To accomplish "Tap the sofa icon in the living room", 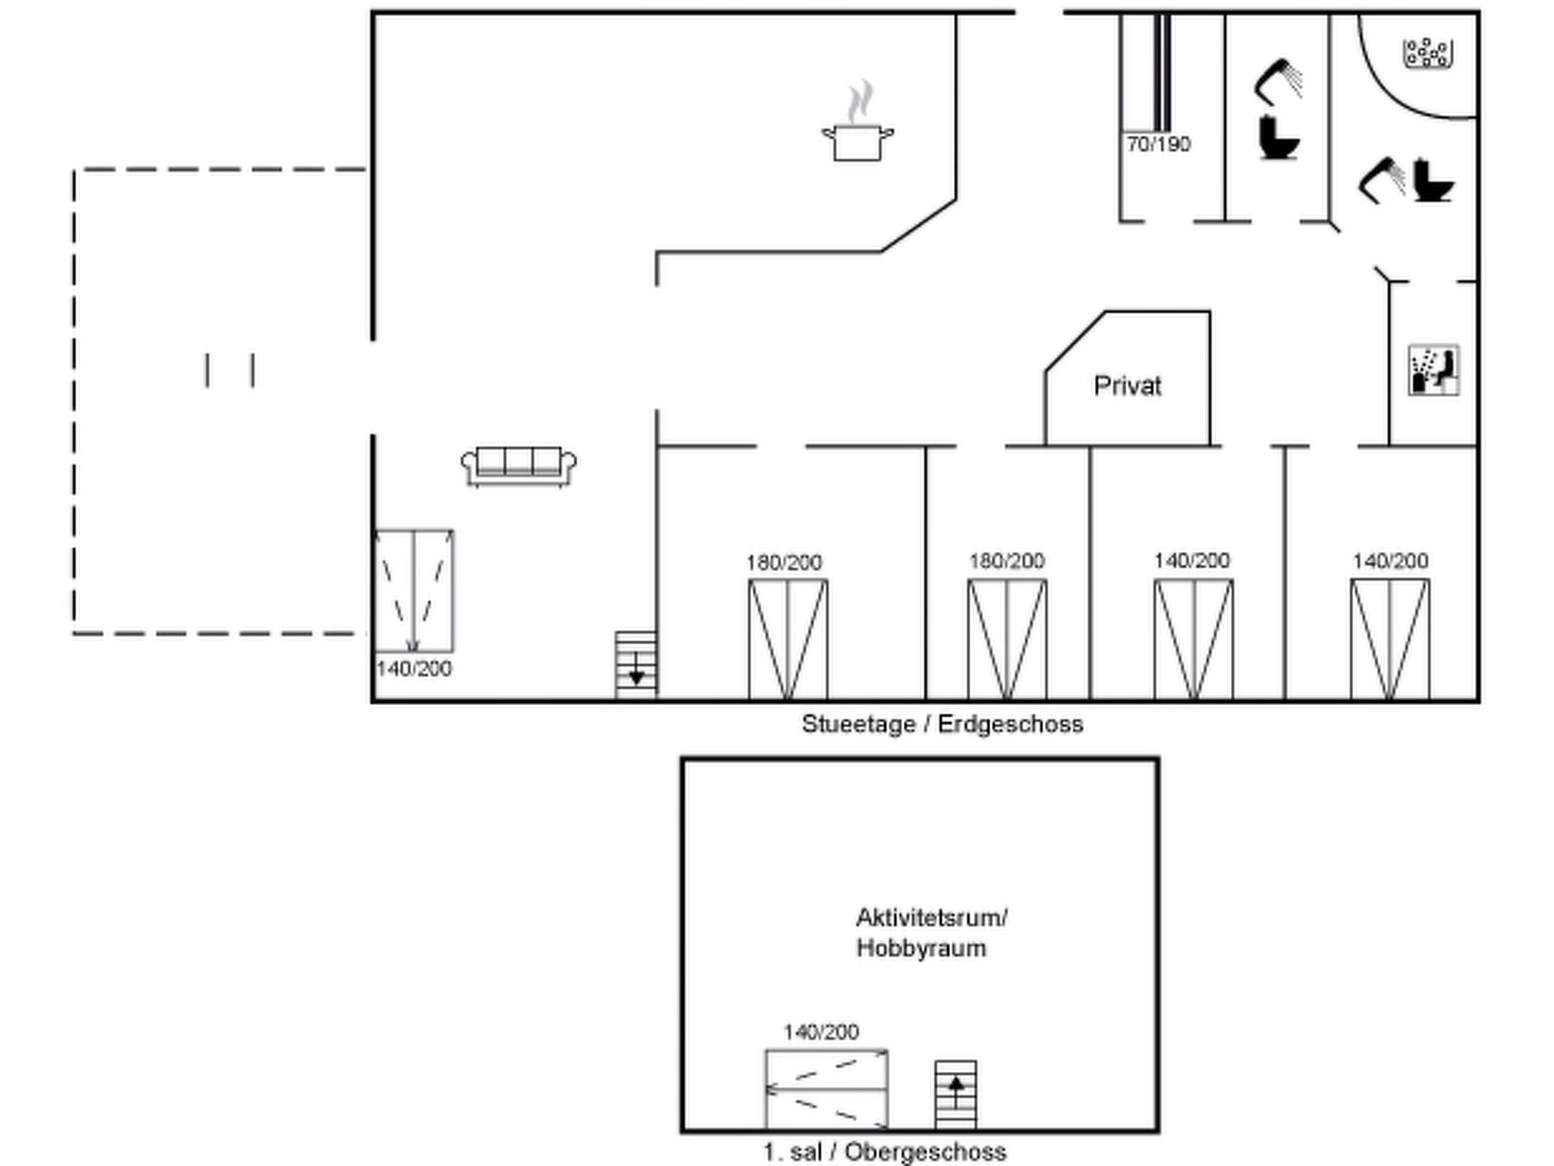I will (x=519, y=465).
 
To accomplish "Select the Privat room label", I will (x=1127, y=386).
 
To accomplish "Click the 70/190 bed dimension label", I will (x=1158, y=144).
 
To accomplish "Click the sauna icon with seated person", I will (x=1433, y=370).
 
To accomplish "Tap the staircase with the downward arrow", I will (x=636, y=664).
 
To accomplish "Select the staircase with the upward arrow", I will (x=955, y=1095).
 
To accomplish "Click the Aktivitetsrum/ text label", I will (x=931, y=918).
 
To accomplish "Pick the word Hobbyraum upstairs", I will (x=921, y=948).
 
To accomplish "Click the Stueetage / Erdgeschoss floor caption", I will (x=942, y=724).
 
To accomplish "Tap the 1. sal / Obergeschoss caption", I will (x=884, y=1152).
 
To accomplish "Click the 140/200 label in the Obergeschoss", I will (x=820, y=1032).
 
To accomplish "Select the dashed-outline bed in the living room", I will (x=414, y=591).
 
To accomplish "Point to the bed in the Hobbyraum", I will (x=826, y=1089).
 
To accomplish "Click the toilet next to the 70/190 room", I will (x=1278, y=138).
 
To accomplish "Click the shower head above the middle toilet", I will (x=1279, y=80).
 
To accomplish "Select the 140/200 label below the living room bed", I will (x=414, y=669).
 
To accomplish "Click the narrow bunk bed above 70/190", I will (x=1162, y=72).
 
